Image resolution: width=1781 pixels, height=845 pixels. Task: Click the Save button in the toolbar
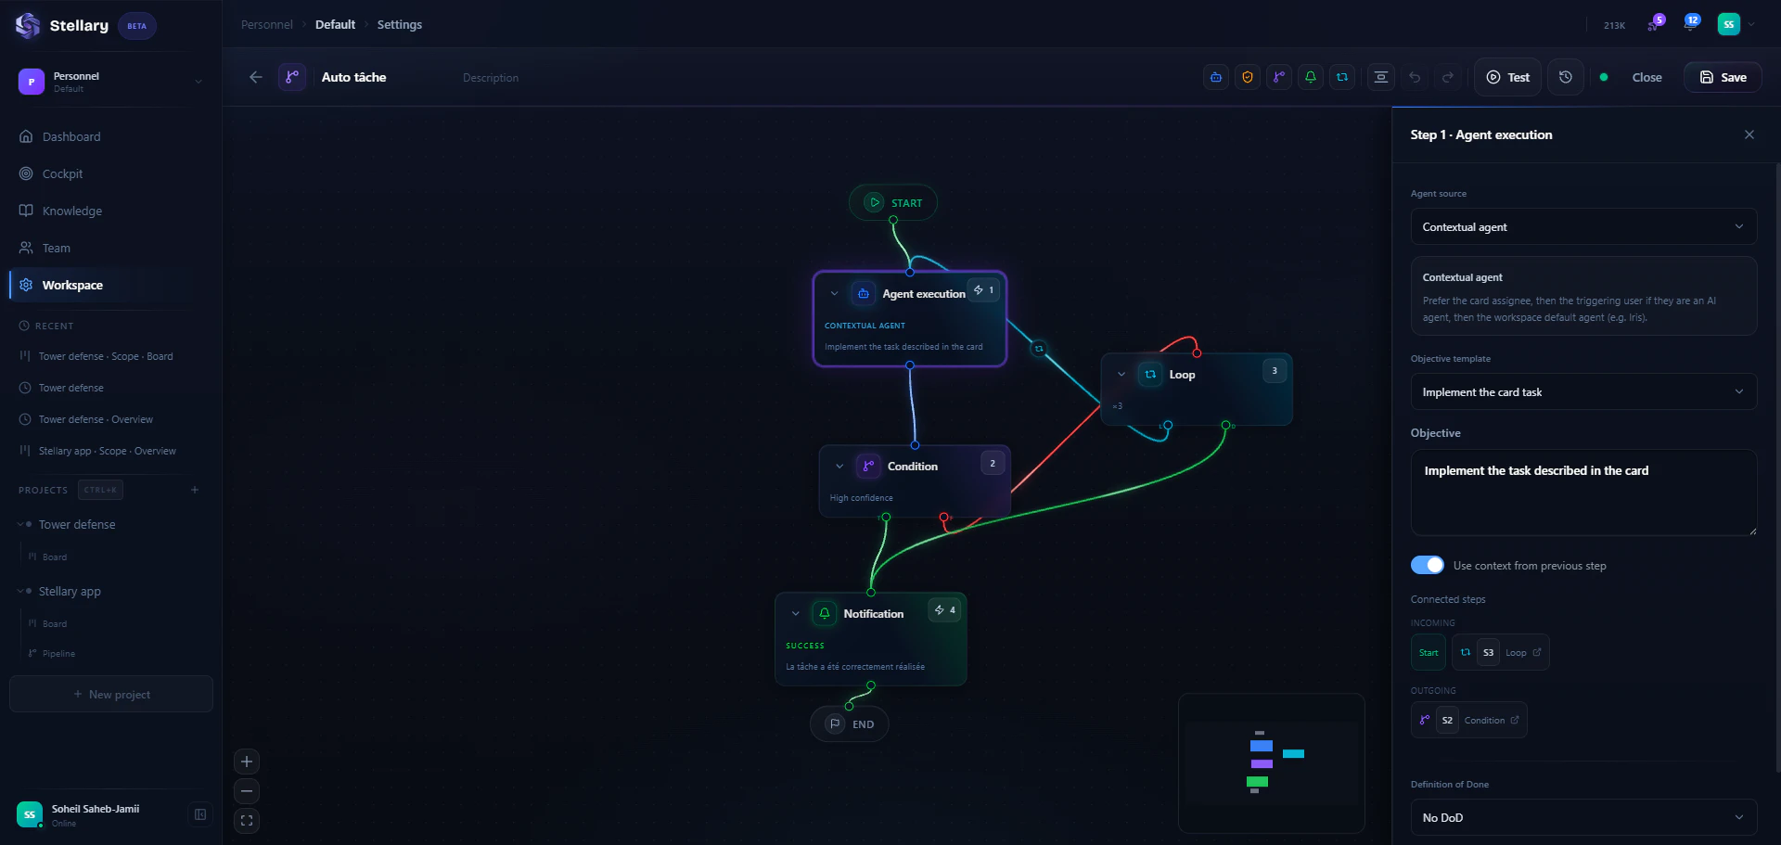[1723, 77]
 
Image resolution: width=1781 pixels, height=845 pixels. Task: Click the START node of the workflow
[893, 203]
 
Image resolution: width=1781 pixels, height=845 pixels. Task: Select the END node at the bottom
[850, 724]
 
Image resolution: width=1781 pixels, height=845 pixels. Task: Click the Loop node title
[1182, 375]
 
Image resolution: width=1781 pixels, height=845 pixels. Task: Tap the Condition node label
[912, 467]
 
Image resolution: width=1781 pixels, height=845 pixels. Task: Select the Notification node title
[873, 614]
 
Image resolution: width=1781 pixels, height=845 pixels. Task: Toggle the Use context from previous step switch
[1428, 565]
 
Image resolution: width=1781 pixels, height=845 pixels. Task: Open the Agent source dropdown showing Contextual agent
[1583, 227]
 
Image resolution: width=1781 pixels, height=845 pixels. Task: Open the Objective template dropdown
[1583, 392]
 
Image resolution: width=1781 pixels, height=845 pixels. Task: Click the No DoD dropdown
[1583, 817]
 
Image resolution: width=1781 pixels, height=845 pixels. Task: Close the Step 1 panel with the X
[1749, 134]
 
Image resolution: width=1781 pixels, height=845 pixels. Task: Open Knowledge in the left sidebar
[71, 211]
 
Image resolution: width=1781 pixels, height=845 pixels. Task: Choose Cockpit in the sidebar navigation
[62, 173]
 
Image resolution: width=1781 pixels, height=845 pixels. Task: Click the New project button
[111, 694]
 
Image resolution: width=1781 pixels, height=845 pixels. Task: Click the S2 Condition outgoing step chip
[1469, 720]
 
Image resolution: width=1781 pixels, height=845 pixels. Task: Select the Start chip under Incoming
[1429, 652]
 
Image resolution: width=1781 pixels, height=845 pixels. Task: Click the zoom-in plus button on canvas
[247, 762]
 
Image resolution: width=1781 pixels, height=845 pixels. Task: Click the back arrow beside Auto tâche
[256, 77]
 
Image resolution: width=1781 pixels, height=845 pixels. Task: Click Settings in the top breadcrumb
[399, 25]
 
